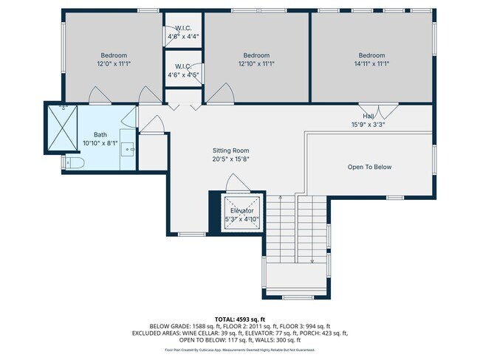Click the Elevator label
(241, 210)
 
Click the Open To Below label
(369, 167)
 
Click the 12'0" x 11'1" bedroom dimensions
(114, 64)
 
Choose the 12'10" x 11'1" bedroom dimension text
(256, 64)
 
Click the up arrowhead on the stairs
(281, 198)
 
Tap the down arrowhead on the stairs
(313, 260)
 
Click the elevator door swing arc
(233, 181)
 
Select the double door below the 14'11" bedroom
(379, 108)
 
